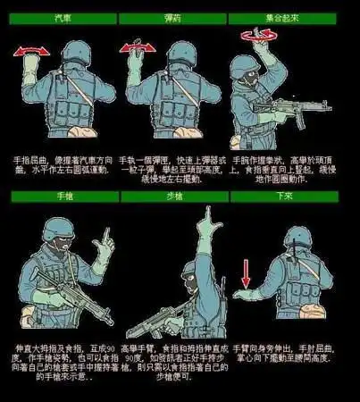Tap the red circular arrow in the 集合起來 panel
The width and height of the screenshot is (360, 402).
click(258, 34)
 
